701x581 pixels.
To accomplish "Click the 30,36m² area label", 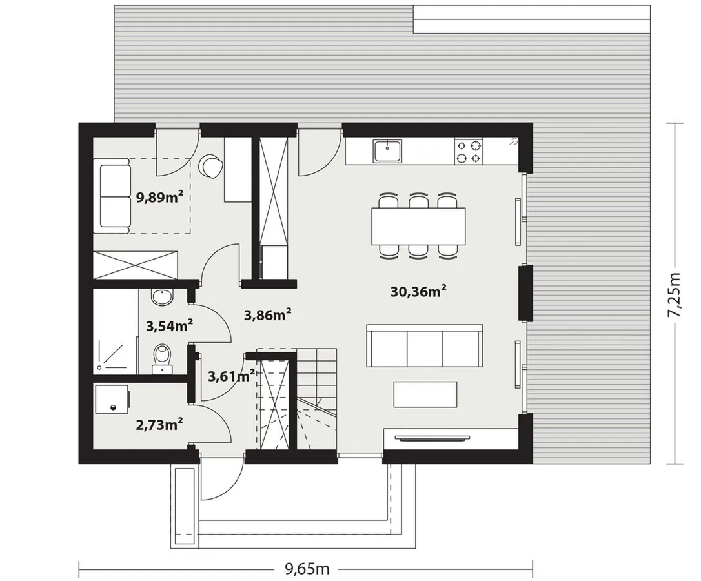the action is coord(418,292).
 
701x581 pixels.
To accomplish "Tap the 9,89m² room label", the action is coord(160,197).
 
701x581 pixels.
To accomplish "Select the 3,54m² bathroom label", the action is coord(169,325).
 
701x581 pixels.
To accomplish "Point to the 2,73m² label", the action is coord(159,423).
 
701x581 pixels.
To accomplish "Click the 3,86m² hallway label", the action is coord(268,315).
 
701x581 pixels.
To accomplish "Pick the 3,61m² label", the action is coord(232,376).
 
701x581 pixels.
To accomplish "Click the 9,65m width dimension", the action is coord(308,569).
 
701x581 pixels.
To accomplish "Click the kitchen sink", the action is coord(388,150).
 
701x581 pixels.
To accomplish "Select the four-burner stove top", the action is coord(469,151).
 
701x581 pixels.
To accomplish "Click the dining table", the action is coord(418,227).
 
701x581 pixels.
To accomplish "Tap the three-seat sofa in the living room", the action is coord(424,346).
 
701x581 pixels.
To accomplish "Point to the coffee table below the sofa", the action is coord(425,394).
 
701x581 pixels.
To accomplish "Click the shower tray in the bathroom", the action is coord(116,353).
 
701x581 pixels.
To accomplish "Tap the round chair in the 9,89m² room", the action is coord(211,165).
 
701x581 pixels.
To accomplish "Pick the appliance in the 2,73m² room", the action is coord(111,400).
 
